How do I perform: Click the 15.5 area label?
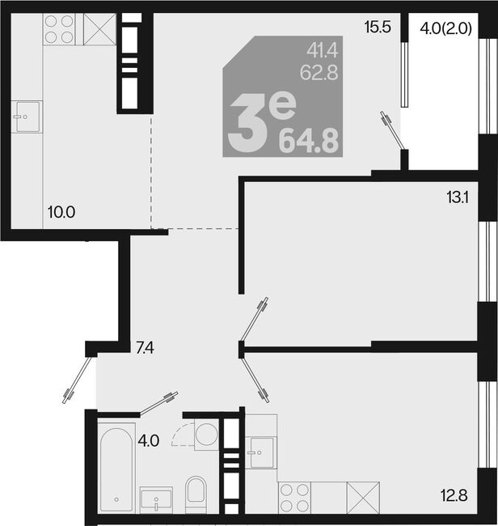coord(378,27)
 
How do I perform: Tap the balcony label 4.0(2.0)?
coord(445,28)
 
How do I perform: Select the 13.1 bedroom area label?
coord(457,197)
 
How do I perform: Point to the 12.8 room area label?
coord(454,495)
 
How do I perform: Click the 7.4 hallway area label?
coord(145,348)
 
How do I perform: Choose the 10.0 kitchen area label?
coord(61,212)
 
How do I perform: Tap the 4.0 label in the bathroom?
coord(149,440)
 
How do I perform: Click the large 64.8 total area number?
coord(309,142)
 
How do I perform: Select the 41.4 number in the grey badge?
coord(323,51)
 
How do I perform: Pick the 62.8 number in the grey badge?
coord(319,72)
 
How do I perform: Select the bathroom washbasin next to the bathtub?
coord(156,499)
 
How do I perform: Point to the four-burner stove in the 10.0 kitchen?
coord(59,29)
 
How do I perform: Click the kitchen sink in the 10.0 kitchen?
coord(27,117)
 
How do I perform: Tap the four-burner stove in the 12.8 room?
coord(294,498)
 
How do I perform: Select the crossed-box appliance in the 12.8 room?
coord(363,498)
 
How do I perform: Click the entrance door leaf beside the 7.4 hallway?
coord(78,379)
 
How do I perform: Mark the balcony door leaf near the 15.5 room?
coord(393,130)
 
